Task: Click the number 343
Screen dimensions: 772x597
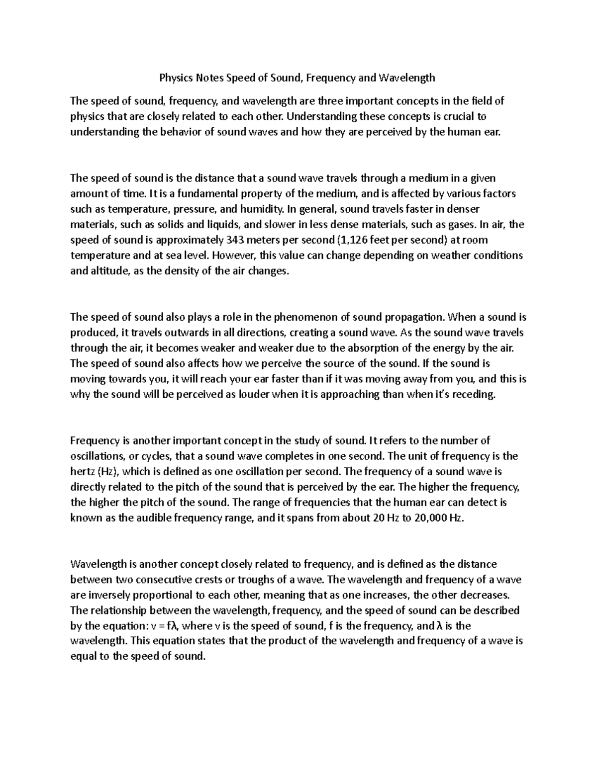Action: click(x=235, y=240)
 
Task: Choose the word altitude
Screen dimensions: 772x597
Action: click(x=110, y=271)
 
